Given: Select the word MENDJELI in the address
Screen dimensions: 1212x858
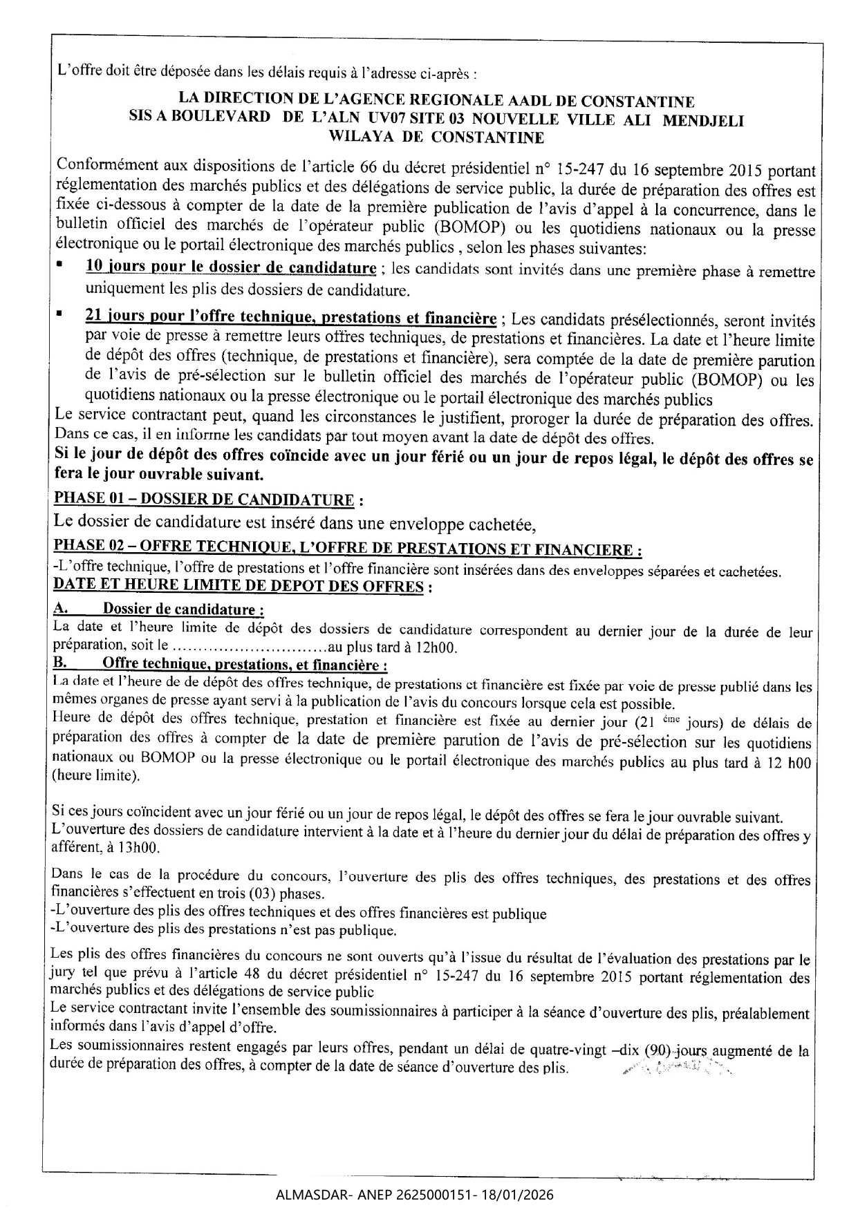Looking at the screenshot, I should coord(703,120).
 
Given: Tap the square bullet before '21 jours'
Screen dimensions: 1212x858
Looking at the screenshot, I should coord(60,314).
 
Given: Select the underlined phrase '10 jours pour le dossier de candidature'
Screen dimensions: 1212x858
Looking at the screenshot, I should coord(231,267).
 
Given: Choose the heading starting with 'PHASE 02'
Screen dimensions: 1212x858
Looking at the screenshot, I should coord(348,549).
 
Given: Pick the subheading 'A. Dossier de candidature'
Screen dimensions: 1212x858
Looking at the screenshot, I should coord(158,609).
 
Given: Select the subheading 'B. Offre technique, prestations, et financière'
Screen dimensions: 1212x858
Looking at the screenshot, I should coord(220,665).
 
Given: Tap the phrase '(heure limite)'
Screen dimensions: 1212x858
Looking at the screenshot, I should coord(95,775).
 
